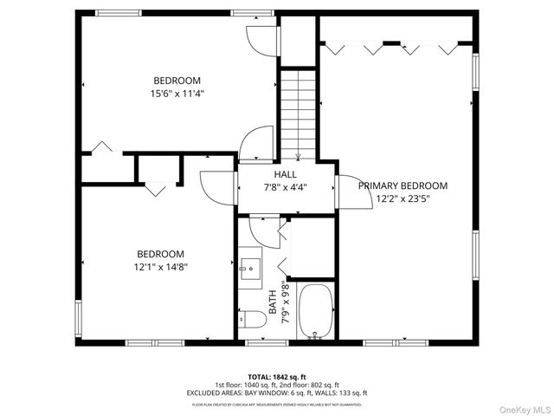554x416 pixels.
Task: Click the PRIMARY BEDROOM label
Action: [403, 185]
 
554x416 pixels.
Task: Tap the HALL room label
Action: [286, 174]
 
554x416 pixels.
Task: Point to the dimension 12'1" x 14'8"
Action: [161, 268]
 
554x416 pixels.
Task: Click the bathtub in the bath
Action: [314, 311]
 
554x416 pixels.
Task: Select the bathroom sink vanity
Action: [251, 271]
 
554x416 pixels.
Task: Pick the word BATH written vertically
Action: [274, 306]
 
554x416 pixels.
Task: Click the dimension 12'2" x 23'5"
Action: [403, 198]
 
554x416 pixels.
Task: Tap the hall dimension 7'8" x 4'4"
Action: [286, 187]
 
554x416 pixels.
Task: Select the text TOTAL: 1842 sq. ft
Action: [277, 377]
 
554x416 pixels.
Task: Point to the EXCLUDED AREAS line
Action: [277, 393]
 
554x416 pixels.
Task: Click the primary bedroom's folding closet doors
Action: [398, 47]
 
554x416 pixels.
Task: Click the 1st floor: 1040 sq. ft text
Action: [248, 386]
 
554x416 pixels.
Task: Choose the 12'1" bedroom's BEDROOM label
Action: [161, 255]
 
